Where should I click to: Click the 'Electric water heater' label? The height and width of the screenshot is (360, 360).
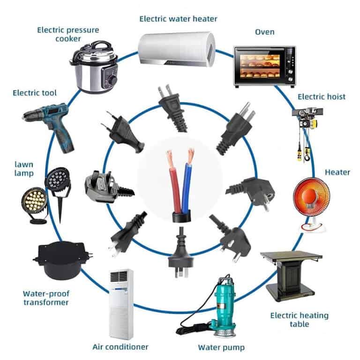click(x=178, y=19)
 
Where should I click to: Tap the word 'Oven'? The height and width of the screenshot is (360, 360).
click(x=264, y=32)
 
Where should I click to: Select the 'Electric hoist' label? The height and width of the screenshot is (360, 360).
click(x=322, y=97)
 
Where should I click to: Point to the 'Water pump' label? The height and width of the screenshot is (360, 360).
click(x=221, y=347)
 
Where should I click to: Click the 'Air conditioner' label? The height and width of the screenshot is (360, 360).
click(x=120, y=347)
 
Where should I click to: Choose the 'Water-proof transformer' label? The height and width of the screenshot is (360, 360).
click(x=46, y=298)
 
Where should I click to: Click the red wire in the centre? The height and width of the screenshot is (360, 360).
click(x=177, y=183)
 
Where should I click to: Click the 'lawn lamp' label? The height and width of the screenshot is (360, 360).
click(x=24, y=169)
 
